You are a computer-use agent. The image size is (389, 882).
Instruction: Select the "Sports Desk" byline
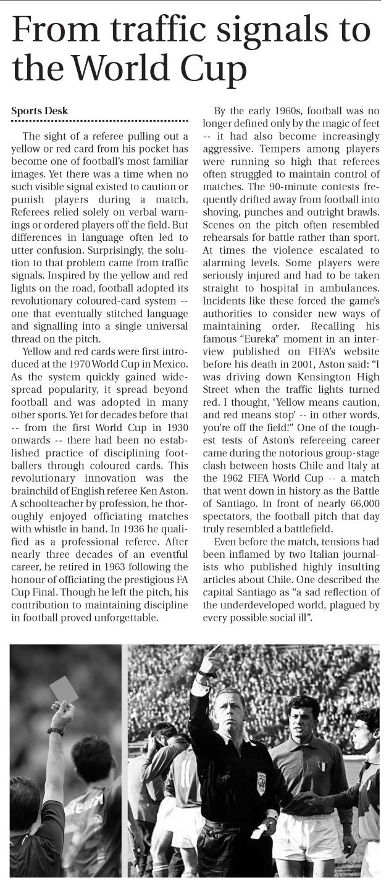point(40,111)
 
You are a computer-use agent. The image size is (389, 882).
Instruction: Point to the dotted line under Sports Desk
point(99,121)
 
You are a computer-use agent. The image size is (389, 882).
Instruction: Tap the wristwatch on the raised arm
point(56,731)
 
